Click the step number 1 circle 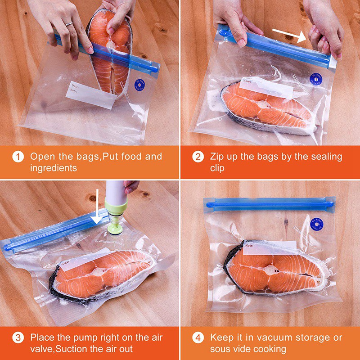tap(18, 157)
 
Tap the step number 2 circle tap(198, 157)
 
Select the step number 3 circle tap(18, 337)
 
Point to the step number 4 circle tap(198, 337)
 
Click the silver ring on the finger tap(68, 23)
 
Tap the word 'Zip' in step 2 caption tap(217, 157)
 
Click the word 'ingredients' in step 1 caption tap(54, 168)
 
